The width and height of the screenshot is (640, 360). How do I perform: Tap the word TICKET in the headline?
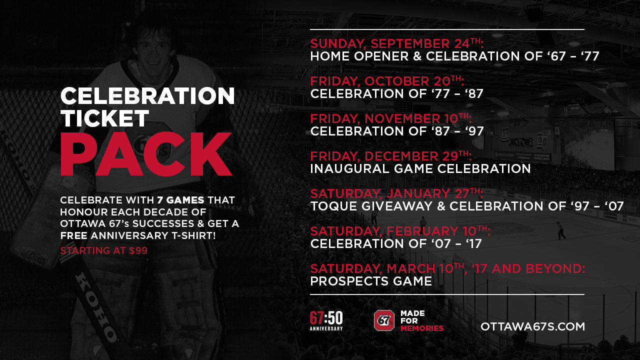click(x=104, y=118)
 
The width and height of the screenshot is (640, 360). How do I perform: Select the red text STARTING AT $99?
click(x=103, y=250)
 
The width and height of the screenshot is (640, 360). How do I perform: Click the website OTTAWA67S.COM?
click(x=532, y=326)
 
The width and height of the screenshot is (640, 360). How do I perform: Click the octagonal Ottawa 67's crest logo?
click(x=384, y=320)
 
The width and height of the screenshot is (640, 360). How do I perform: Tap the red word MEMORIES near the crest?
click(x=422, y=328)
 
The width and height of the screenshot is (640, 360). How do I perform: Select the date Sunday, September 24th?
click(x=397, y=43)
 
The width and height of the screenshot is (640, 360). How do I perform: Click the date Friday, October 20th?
click(x=387, y=81)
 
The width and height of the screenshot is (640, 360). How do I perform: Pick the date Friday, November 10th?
click(x=391, y=118)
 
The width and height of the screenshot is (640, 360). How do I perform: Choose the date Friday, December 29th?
click(x=391, y=156)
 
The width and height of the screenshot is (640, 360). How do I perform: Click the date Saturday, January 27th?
click(x=396, y=193)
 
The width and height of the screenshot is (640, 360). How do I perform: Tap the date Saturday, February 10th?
click(x=400, y=231)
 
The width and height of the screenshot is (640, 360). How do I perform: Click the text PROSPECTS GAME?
click(x=371, y=281)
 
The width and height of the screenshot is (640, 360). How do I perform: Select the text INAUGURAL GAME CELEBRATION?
click(x=420, y=168)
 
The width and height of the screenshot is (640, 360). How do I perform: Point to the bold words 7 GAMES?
click(x=180, y=200)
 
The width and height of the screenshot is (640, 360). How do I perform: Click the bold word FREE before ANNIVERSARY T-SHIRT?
click(x=73, y=235)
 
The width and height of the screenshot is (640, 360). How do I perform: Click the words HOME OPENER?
click(x=359, y=56)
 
